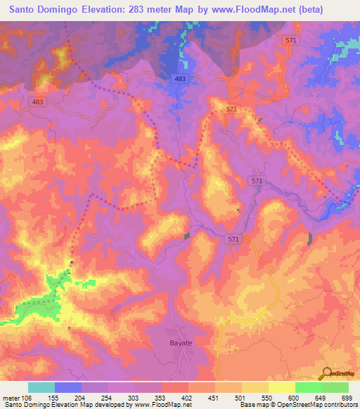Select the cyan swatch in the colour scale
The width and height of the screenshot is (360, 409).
click(41, 387)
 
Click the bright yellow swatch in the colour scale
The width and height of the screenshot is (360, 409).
click(282, 387)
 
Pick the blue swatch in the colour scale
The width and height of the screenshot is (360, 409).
click(68, 387)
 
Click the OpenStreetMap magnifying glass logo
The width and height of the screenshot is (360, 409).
click(326, 372)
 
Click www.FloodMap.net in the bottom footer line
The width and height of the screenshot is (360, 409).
click(158, 405)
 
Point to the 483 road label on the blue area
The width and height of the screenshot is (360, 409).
click(180, 79)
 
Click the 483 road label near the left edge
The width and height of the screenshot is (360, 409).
click(39, 102)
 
